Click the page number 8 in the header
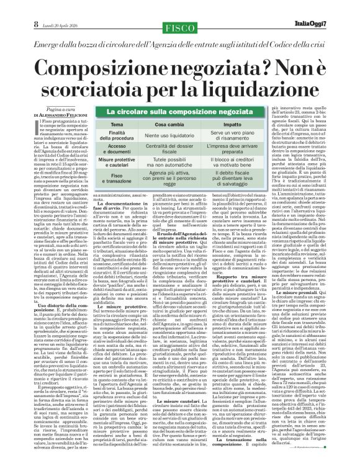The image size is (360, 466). (11, 7)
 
